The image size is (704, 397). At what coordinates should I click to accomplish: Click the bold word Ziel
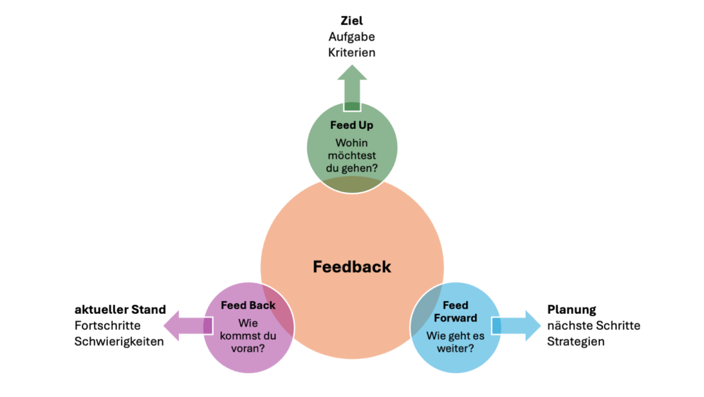pos(351,21)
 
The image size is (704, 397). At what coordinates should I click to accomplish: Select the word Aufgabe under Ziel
pos(351,37)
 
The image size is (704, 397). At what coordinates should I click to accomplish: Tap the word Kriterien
pos(351,53)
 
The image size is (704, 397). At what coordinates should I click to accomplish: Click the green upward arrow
pos(352,88)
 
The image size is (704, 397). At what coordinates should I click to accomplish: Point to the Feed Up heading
pos(351,125)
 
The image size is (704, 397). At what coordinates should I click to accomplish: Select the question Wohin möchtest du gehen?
pos(351,156)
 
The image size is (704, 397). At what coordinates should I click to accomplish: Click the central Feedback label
pos(352,267)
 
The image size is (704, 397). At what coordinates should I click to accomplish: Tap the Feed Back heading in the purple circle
pos(248,306)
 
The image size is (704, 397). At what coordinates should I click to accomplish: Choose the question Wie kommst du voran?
pos(248,336)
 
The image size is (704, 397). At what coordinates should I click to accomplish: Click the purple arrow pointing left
pos(188,325)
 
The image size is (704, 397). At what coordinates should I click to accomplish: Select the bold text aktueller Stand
pos(121,309)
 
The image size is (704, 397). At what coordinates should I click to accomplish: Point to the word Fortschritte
pos(107,325)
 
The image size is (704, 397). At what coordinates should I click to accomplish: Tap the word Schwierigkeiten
pos(119,342)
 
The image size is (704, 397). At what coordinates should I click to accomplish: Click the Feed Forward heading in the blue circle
pos(455,312)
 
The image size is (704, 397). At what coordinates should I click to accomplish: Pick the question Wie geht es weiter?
pos(455,342)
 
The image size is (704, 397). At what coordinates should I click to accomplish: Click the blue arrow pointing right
pos(516,325)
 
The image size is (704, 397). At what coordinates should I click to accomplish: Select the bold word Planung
pos(571,310)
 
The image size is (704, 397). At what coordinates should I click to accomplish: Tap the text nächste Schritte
pos(594,325)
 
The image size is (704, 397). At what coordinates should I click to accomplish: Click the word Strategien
pos(576,342)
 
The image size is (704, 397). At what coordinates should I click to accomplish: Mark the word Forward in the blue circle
pos(455,318)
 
